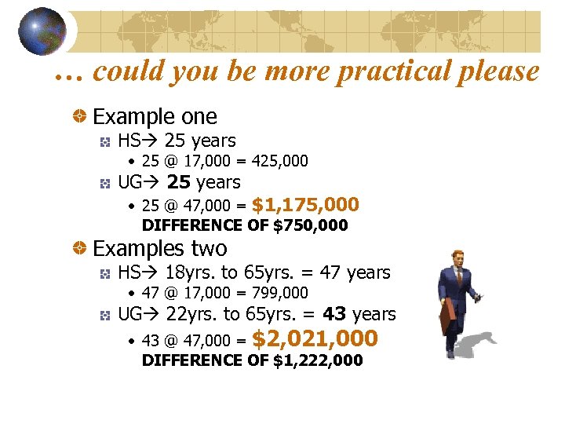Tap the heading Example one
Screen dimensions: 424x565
(x=155, y=117)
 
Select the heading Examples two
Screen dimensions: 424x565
(x=160, y=249)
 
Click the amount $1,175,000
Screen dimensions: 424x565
(x=306, y=205)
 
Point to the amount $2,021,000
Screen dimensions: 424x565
(x=315, y=339)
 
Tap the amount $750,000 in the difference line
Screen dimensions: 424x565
(x=310, y=226)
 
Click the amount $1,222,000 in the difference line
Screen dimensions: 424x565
(x=318, y=360)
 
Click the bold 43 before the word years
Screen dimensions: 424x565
(x=334, y=315)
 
